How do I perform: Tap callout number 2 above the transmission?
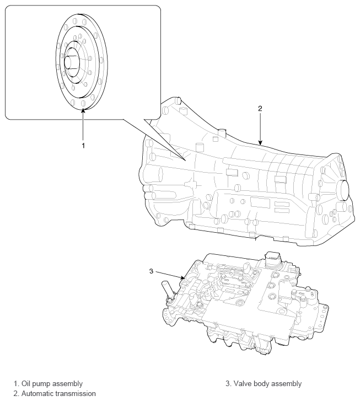[x=259, y=109]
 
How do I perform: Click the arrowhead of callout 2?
[x=259, y=145]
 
